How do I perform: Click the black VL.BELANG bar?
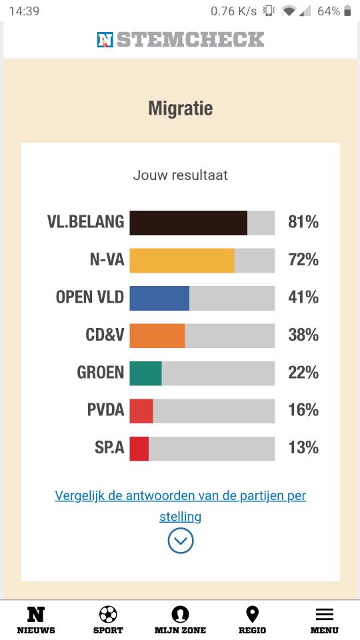188,223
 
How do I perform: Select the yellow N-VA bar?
182,261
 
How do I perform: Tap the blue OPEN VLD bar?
159,298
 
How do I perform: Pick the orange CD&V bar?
157,335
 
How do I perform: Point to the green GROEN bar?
146,373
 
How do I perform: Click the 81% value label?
303,222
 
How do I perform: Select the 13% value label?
303,447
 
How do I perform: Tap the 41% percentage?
303,297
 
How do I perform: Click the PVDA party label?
106,410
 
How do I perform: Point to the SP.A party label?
109,447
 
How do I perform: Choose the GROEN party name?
101,372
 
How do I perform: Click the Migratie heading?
181,109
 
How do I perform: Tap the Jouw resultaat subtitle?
181,175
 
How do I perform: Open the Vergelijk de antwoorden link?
181,506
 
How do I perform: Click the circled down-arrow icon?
181,541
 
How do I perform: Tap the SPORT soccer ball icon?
108,614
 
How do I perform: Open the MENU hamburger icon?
325,614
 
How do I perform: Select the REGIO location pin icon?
252,614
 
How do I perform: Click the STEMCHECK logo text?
191,39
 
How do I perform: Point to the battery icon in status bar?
347,11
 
